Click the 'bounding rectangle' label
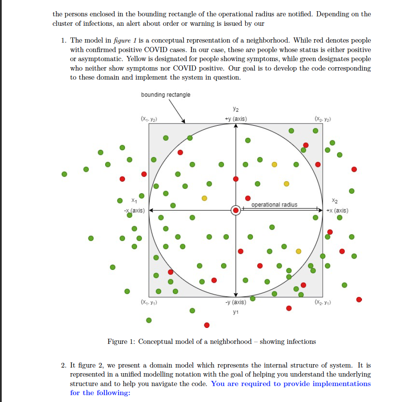165,95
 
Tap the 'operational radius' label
274,204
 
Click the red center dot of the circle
236,210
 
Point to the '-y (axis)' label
236,302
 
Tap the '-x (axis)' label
134,210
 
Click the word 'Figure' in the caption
118,342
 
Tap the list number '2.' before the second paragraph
64,365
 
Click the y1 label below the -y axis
235,312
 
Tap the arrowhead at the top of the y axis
236,126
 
